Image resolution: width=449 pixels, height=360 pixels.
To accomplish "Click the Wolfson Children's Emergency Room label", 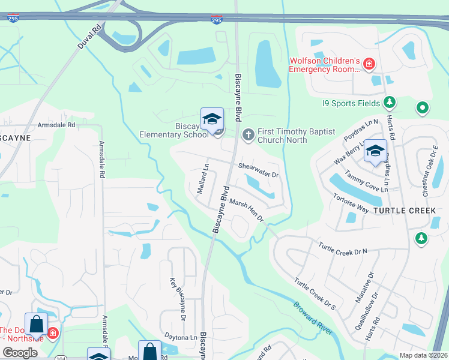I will click(x=324, y=65).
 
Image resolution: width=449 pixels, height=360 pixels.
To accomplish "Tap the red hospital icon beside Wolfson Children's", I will click(x=370, y=63).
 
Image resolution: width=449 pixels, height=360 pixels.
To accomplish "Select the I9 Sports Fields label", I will click(x=351, y=103).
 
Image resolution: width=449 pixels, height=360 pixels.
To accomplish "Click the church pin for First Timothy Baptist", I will click(x=248, y=135).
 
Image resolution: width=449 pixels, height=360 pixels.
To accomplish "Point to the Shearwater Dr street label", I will click(x=259, y=170).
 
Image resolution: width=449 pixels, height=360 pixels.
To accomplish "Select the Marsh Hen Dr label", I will click(x=247, y=211).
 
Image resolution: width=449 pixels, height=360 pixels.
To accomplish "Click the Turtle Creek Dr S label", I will click(x=315, y=294).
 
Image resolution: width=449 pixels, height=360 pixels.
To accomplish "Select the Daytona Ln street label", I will click(x=181, y=338).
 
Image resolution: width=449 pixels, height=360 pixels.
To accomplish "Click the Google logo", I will click(x=20, y=353).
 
